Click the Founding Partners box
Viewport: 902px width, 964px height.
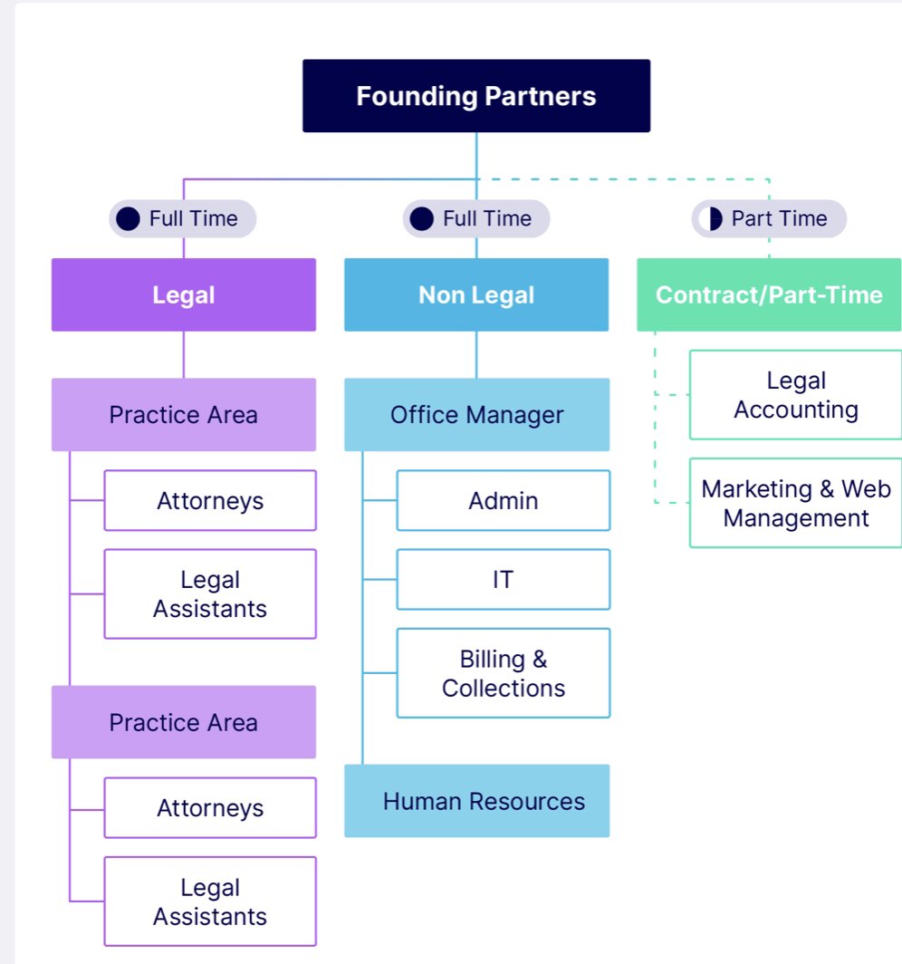pos(476,96)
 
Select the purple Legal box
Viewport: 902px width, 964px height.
pos(184,294)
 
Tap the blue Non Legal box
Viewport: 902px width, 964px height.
pos(476,294)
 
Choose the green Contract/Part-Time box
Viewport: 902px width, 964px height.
pos(769,294)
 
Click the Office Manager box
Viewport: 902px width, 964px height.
pos(476,415)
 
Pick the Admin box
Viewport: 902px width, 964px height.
pos(504,500)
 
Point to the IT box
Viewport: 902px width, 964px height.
pos(504,579)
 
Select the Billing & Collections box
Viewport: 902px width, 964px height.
pos(504,673)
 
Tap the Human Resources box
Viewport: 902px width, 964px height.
pos(476,801)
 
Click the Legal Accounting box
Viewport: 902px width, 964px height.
pos(796,395)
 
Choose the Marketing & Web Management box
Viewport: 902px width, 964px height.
pos(796,503)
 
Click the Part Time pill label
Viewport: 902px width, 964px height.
pos(770,218)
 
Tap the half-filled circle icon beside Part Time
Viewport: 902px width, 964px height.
pos(713,218)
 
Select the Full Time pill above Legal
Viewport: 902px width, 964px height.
pos(183,218)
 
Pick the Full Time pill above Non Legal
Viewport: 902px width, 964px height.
pos(476,218)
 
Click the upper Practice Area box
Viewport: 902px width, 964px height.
pos(184,415)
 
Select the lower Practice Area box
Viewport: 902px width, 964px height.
pos(184,722)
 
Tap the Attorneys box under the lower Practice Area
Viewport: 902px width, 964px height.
pos(210,807)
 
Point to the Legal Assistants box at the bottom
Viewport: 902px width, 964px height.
pos(210,901)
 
